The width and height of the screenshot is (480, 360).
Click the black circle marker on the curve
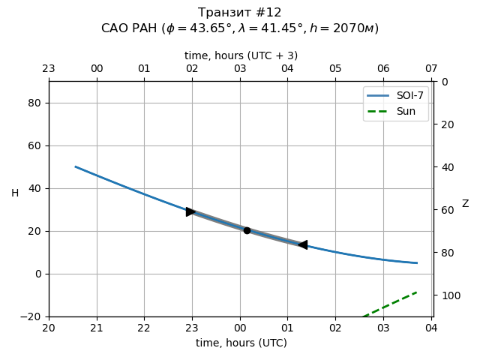coord(247,230)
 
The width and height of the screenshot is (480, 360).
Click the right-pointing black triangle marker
coord(191,212)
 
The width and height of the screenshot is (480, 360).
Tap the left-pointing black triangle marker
coord(302,244)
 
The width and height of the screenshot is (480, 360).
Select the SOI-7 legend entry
coord(395,96)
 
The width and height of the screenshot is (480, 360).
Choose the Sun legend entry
coord(395,111)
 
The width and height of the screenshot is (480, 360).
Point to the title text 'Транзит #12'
coord(240,13)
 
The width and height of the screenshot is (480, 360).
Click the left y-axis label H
coord(15,193)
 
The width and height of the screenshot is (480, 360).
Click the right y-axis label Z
coord(465,204)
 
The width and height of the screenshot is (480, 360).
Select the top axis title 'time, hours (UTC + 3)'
coord(241,55)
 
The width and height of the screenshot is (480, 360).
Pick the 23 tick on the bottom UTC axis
coord(192,328)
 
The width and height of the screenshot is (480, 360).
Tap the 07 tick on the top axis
coord(431,69)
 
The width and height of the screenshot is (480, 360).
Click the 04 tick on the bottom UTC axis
coord(431,328)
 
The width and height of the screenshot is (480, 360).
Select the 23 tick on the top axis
coord(49,69)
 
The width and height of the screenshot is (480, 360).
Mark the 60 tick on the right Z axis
coord(446,210)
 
